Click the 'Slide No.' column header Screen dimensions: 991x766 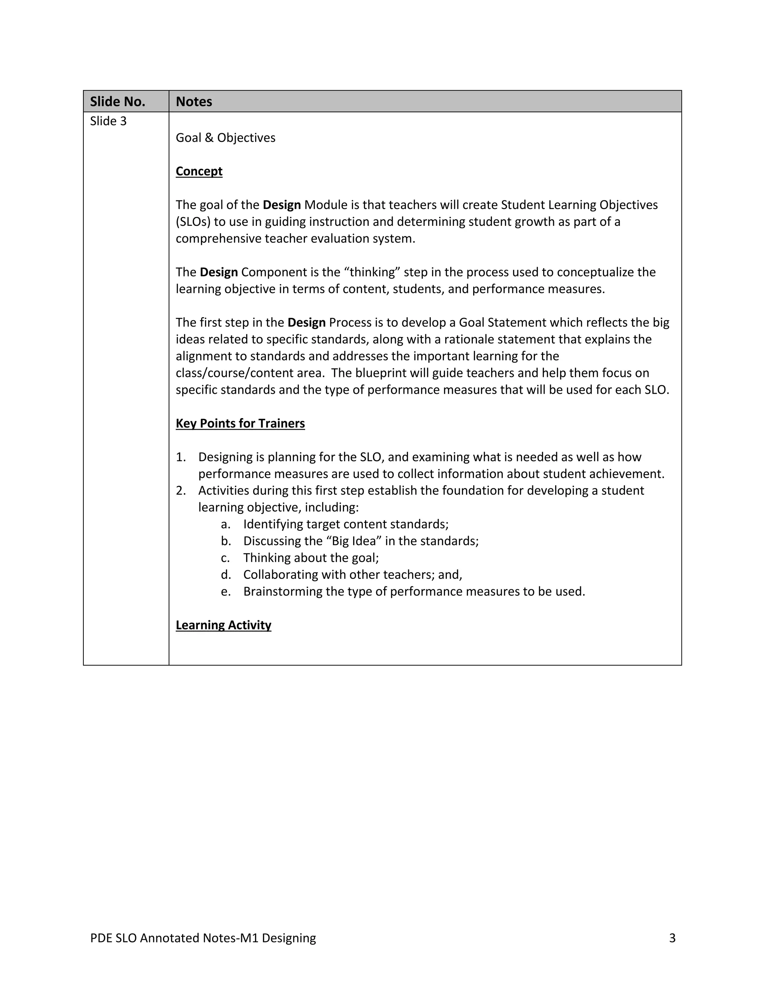[117, 102]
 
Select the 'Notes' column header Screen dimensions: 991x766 [194, 102]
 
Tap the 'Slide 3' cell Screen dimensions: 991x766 [108, 121]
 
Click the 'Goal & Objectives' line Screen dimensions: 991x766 [225, 138]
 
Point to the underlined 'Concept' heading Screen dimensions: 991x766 [199, 172]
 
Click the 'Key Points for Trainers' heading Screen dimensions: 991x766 [240, 423]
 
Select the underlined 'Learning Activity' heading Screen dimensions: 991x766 [223, 625]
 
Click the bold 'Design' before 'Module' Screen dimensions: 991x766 [281, 205]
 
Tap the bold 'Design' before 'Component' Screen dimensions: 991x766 [219, 272]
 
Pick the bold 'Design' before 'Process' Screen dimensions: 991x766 [306, 323]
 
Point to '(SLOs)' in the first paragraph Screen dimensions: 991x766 [193, 222]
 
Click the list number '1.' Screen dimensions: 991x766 [181, 457]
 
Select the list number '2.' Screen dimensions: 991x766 [181, 491]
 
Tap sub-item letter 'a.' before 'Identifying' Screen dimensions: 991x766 [226, 525]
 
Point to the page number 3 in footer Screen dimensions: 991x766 [672, 938]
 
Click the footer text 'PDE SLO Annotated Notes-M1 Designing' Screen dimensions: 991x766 [203, 938]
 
